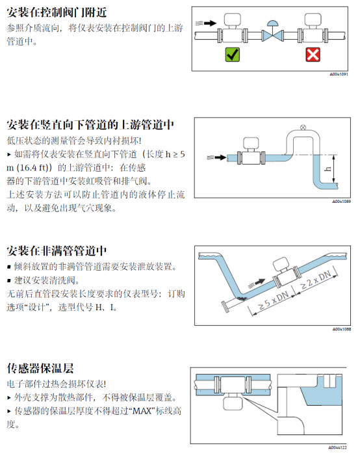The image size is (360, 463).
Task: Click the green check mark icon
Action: pos(233,55)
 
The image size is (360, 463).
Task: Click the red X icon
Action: pos(313,55)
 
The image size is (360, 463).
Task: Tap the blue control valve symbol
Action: pos(272,32)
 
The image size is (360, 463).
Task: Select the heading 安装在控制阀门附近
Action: pos(57,12)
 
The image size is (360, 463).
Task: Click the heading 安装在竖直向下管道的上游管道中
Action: pos(90,125)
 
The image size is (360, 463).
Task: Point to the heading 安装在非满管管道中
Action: pos(57,251)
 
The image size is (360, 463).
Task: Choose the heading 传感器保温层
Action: pos(40,368)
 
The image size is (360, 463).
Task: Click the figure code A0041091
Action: pos(339,74)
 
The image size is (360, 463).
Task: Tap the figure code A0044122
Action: pos(337,447)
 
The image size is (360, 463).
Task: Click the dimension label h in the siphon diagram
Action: pos(328,169)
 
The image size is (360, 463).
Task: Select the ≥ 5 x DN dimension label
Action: pos(273,300)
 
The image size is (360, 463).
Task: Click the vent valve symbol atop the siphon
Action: pos(303,127)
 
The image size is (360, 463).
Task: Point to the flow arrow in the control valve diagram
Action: pos(206,23)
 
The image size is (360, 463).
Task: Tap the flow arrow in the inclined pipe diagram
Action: pos(257,283)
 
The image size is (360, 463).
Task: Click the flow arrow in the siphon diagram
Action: pos(217,157)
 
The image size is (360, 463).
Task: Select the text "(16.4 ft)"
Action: pos(32,168)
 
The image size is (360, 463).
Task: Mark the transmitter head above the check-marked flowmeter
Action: pos(233,20)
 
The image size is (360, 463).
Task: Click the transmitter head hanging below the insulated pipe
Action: pos(233,403)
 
